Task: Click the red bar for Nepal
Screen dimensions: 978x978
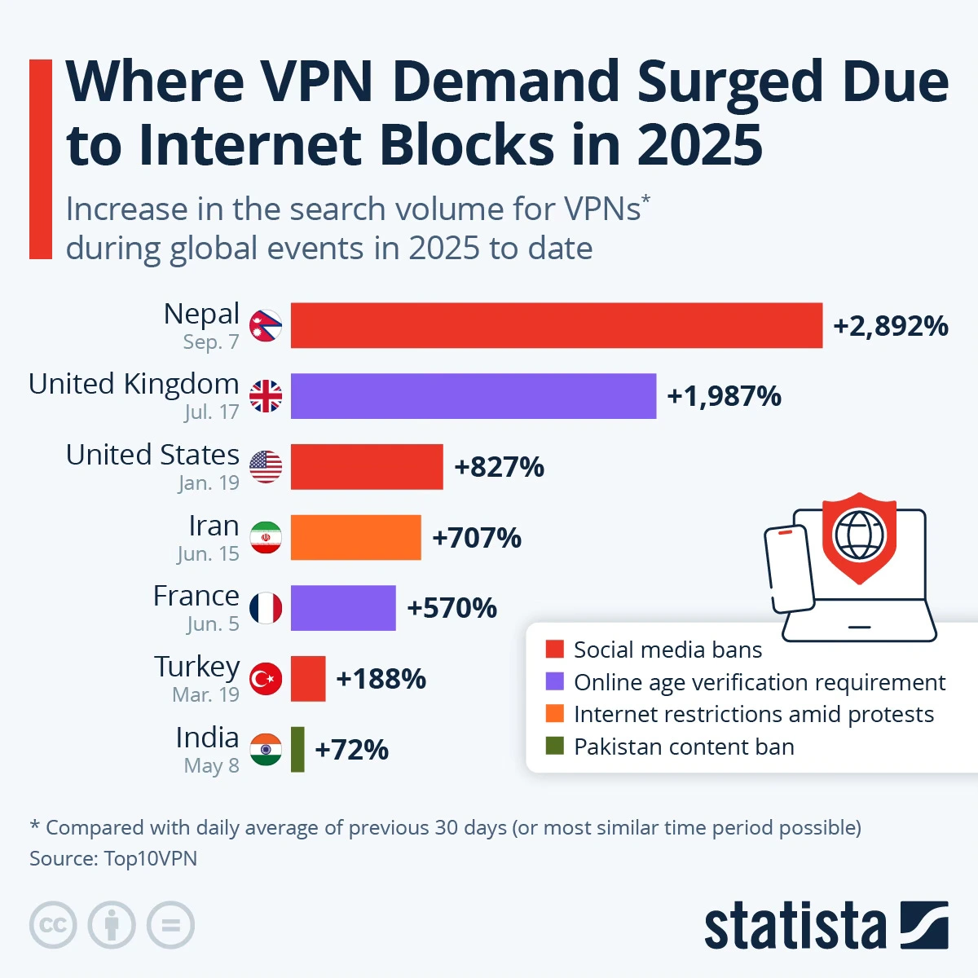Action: click(556, 325)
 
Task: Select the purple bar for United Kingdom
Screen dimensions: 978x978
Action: click(473, 396)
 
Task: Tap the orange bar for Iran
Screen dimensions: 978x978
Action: click(355, 537)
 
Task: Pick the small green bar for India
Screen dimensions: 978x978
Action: click(297, 749)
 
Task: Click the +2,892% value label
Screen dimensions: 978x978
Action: click(890, 326)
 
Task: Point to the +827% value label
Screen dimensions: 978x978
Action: click(499, 467)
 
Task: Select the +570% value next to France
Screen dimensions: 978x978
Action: click(452, 608)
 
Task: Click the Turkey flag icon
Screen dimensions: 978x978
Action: click(266, 678)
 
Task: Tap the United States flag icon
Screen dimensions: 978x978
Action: click(266, 467)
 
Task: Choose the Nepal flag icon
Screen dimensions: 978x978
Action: click(266, 326)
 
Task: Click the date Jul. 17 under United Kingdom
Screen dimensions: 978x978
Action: click(211, 412)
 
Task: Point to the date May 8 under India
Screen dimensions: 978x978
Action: click(211, 766)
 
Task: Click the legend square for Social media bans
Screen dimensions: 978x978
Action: click(555, 650)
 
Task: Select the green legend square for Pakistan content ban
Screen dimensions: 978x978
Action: click(555, 746)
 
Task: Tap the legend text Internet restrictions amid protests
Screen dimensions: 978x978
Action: click(753, 715)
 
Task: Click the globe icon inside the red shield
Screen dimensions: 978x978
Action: click(859, 534)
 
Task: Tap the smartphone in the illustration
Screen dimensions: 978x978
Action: click(788, 568)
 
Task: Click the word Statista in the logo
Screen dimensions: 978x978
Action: click(795, 927)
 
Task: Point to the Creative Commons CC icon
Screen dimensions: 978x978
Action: click(53, 926)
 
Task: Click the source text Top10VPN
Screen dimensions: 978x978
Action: click(150, 858)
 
